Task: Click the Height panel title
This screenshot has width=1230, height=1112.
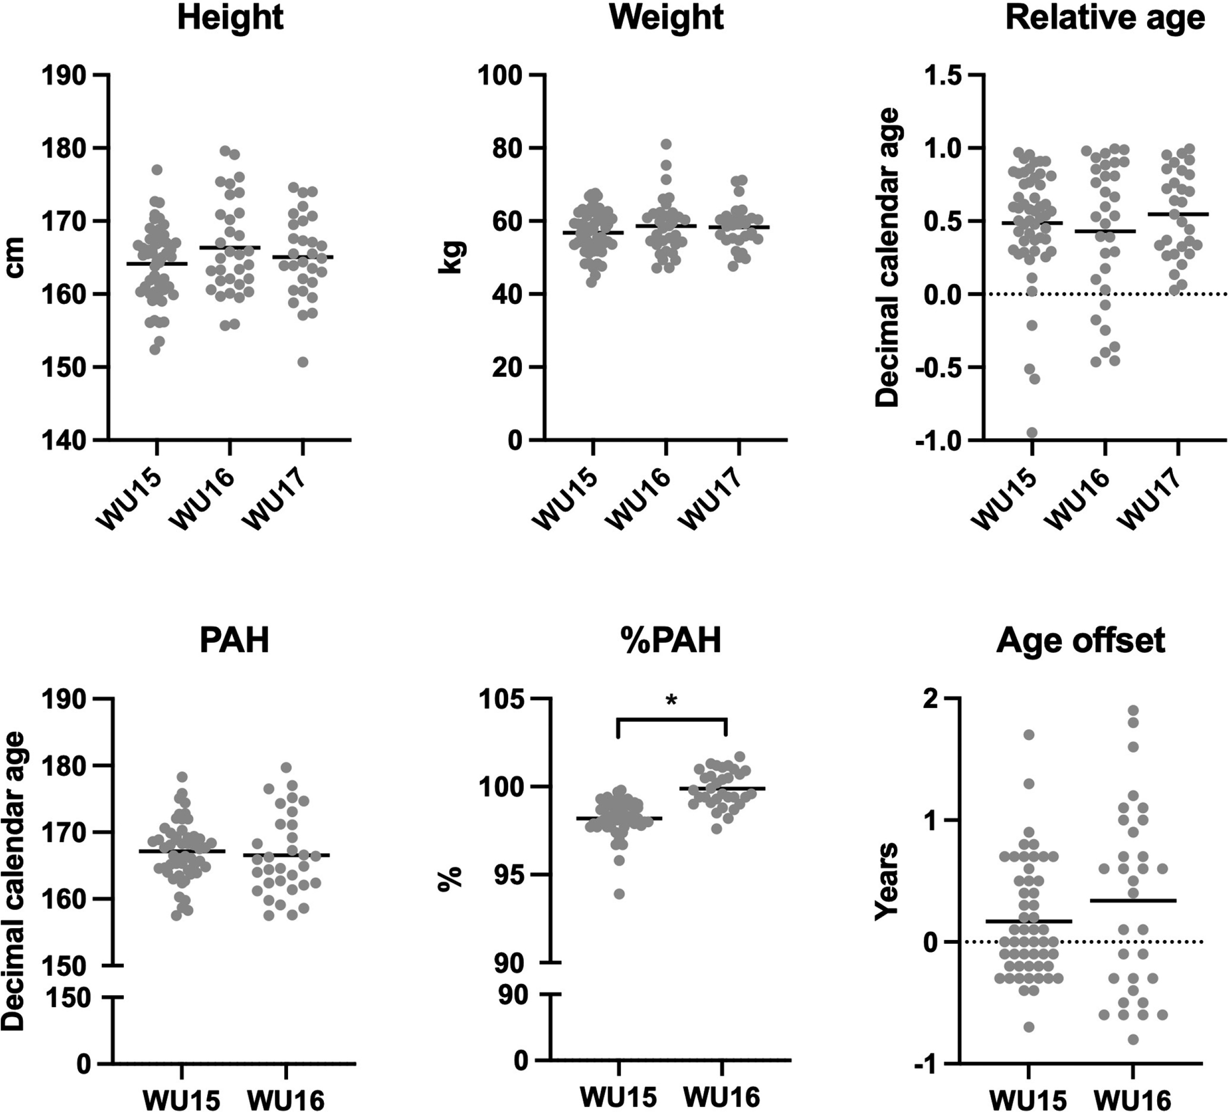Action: [230, 18]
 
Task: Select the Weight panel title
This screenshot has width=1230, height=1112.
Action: [666, 18]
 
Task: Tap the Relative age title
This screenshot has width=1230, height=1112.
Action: [1105, 18]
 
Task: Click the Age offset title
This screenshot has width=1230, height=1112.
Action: [1080, 641]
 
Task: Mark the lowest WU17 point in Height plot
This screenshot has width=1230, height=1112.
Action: [303, 362]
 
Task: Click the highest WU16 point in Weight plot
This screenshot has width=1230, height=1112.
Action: [666, 144]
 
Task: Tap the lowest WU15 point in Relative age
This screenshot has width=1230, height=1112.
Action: [1032, 432]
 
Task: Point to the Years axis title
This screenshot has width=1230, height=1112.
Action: [886, 881]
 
